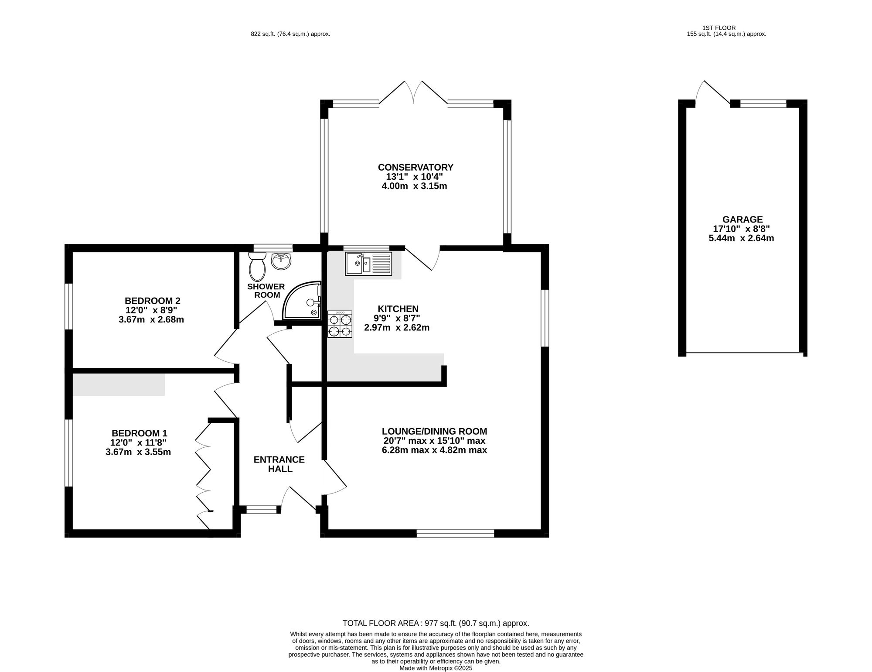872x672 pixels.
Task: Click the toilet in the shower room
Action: coord(257,267)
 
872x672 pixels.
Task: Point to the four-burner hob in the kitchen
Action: coord(340,325)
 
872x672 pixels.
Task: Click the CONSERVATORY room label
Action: coord(416,168)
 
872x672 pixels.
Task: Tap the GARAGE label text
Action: coord(742,219)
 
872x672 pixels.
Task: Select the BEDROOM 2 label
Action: coord(152,301)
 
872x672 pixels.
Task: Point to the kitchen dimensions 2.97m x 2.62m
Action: coord(397,328)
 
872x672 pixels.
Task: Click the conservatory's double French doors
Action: coord(413,93)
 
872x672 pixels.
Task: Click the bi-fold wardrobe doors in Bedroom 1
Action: coord(203,473)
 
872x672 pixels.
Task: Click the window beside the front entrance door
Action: coord(262,509)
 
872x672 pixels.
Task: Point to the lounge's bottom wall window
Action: coord(455,533)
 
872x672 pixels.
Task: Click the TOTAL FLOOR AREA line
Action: coord(436,623)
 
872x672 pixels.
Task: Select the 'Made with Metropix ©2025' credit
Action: coord(436,668)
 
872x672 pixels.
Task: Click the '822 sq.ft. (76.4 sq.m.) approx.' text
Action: coord(290,34)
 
